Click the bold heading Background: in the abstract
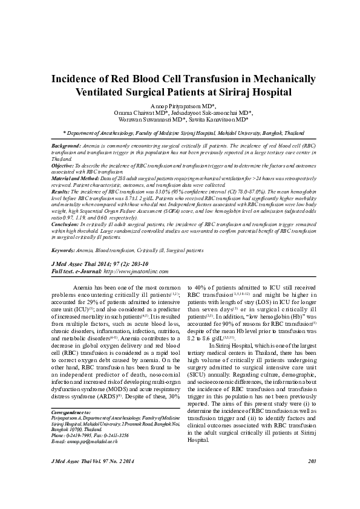66,147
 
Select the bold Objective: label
63,164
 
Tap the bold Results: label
61,191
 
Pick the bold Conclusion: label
65,223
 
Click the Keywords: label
64,250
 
